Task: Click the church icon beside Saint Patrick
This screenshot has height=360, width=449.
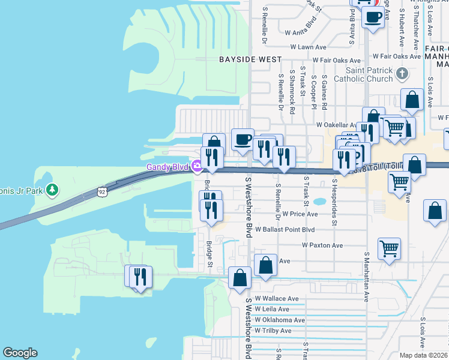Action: tap(402, 74)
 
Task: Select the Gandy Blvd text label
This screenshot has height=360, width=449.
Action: tap(167, 167)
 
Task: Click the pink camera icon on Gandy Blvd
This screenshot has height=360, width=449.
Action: tap(196, 167)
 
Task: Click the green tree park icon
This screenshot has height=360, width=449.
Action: tap(53, 190)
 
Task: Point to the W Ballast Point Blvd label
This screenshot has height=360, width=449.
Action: tap(285, 230)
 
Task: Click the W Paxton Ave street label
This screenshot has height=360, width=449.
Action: tap(322, 245)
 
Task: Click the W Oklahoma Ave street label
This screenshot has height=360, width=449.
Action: tap(280, 320)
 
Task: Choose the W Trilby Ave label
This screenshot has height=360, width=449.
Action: tap(273, 331)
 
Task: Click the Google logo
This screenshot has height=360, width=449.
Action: tap(20, 353)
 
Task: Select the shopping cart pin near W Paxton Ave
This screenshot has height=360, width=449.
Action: tap(389, 248)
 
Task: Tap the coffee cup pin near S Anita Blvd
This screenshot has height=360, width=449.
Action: tap(373, 17)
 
